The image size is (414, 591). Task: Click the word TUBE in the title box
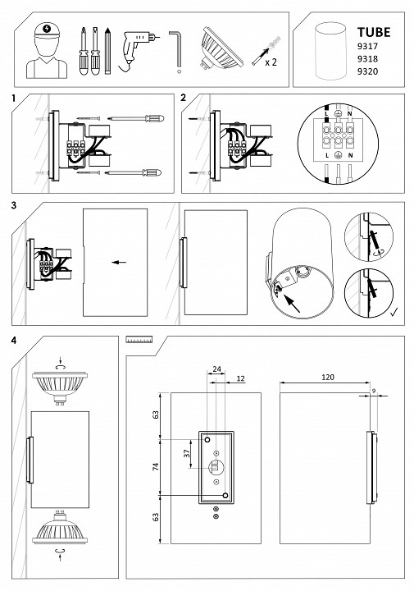373,32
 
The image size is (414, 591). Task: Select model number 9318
367,59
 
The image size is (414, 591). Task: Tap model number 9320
367,71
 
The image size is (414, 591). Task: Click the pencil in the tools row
107,51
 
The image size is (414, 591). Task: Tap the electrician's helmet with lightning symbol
47,30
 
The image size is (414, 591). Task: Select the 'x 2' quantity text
271,62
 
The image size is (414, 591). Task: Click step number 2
184,98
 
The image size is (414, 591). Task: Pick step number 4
14,341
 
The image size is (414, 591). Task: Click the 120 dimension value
328,377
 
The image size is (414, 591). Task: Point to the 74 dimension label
156,466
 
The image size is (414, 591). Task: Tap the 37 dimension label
187,454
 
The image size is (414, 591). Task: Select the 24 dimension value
216,369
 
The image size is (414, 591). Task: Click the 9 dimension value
374,392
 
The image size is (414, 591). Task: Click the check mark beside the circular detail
394,311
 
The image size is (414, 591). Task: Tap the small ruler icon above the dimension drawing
139,340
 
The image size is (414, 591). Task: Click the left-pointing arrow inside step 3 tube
119,263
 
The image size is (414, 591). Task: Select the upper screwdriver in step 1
136,118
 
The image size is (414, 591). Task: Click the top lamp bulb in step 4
60,387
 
